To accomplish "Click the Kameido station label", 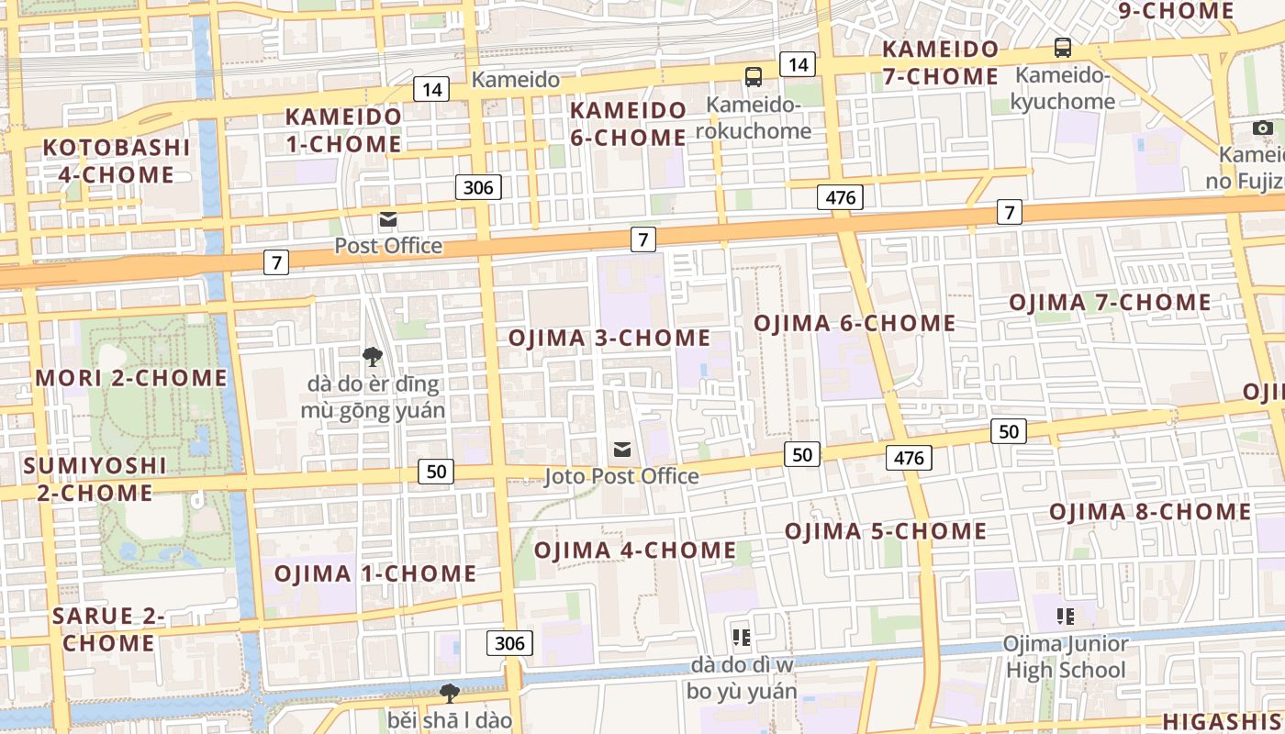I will (515, 80).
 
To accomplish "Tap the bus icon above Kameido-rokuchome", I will (754, 77).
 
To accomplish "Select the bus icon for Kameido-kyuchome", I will (1063, 48).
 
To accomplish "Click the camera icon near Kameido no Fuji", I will (1263, 128).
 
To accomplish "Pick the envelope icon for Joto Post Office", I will (622, 449).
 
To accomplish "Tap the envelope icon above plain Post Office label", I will (387, 219).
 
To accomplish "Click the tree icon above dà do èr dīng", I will (372, 356).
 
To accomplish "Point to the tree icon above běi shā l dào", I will (449, 693).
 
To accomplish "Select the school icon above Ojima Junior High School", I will (1065, 616).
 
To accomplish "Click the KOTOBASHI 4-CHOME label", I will (117, 161).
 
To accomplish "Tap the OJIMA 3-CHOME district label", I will (609, 338).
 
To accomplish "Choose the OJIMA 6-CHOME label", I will (855, 323).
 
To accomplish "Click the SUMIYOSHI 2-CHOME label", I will (95, 479).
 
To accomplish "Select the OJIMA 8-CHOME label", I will (1150, 512).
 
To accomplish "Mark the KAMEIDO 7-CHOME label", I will (940, 62).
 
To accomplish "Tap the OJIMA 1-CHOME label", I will (375, 574).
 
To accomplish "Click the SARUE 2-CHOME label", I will (108, 629).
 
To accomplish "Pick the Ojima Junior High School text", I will (1065, 657).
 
